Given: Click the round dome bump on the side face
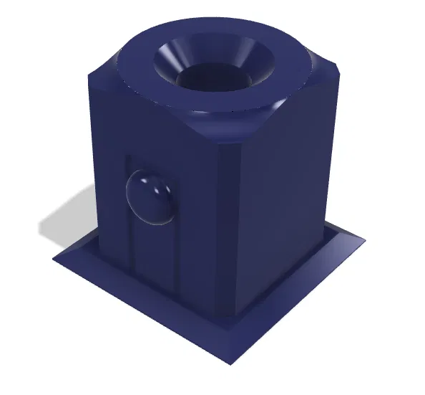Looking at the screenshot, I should pyautogui.click(x=150, y=198).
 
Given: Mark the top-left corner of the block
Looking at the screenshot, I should pyautogui.click(x=91, y=72).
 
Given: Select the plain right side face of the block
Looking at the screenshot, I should pyautogui.click(x=286, y=201).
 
